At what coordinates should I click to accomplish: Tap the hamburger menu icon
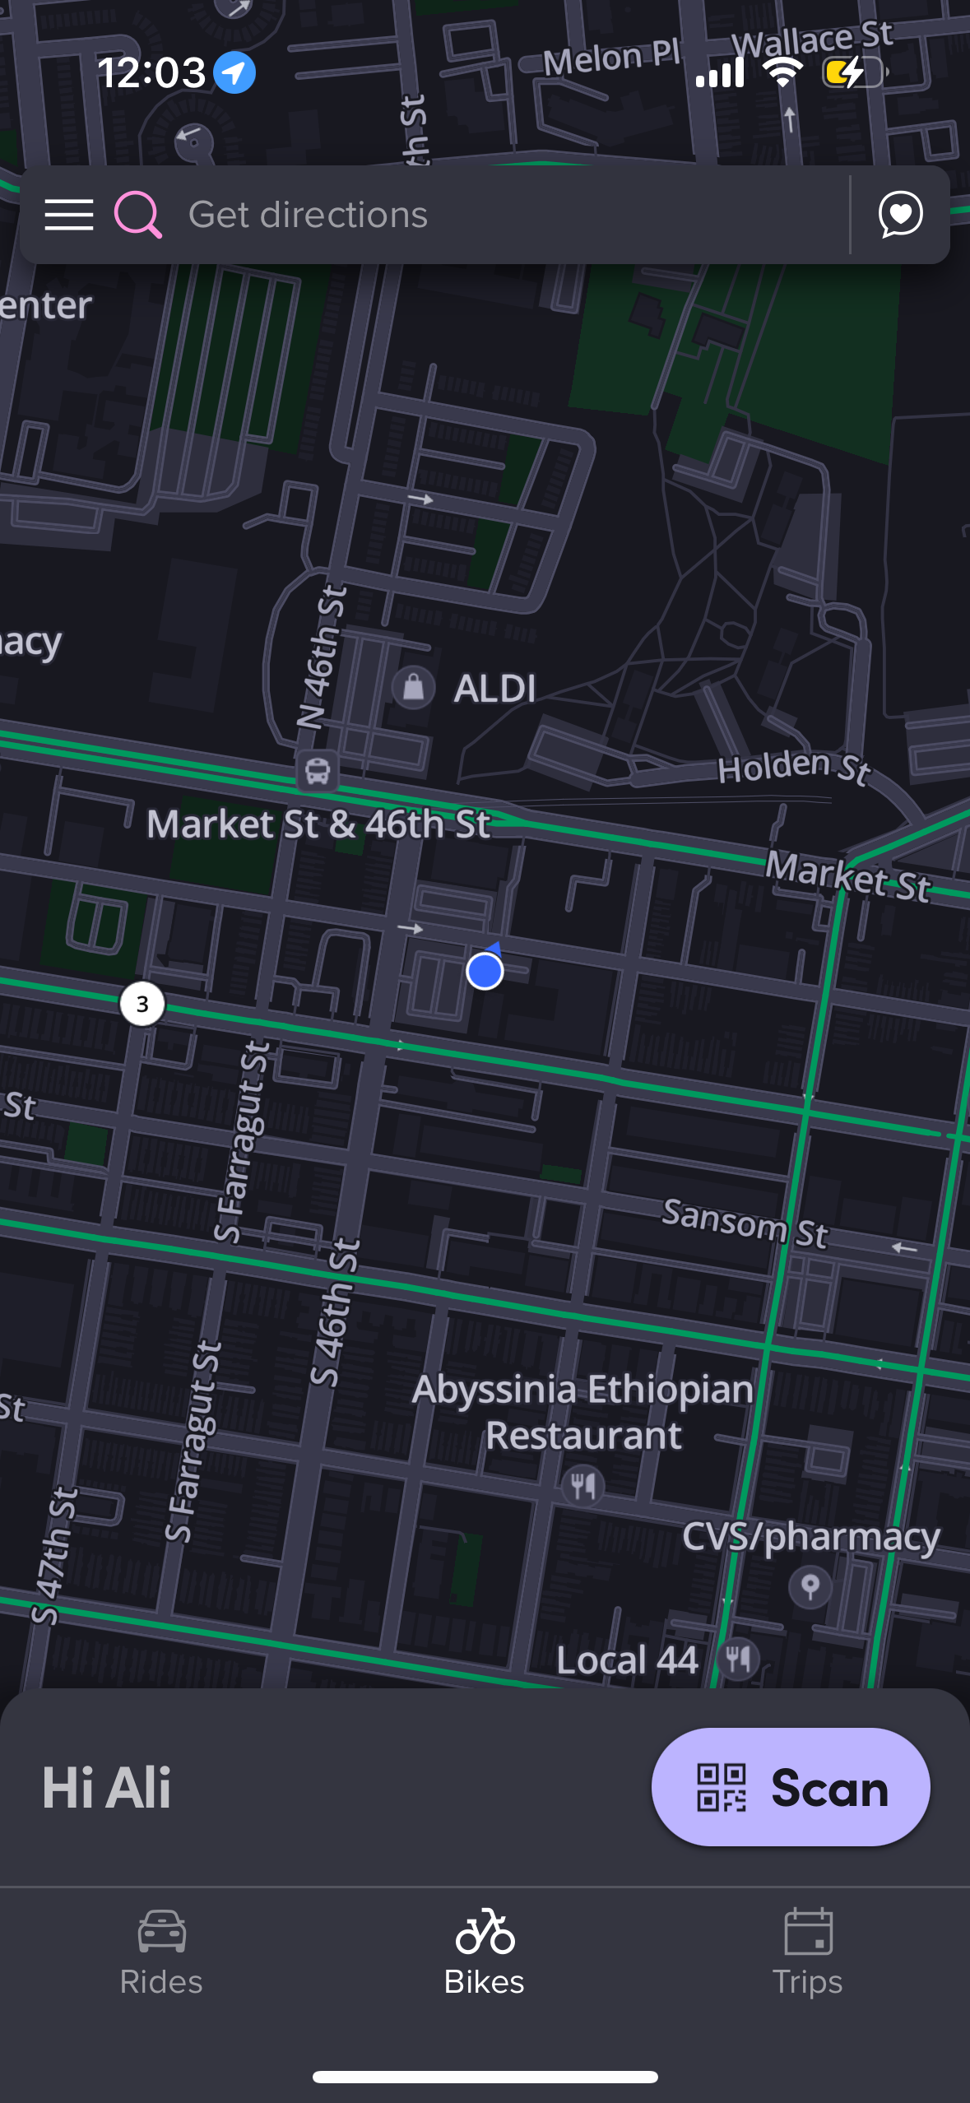tap(69, 215)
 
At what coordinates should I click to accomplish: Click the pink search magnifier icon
tap(137, 215)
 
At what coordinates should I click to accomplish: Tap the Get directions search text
tap(308, 215)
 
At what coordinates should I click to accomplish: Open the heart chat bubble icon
tap(900, 215)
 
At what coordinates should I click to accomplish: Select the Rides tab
tap(161, 1952)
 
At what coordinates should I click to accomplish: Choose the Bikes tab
tap(485, 1952)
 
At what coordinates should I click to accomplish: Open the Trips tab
tap(808, 1952)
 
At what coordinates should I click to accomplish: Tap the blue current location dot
tap(485, 971)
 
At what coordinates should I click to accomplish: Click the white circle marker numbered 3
tap(142, 1004)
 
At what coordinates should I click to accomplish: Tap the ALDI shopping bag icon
tap(413, 687)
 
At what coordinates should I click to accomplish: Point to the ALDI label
tap(494, 689)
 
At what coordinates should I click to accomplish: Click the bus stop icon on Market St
tap(318, 771)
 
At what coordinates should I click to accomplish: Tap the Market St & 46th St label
tap(318, 824)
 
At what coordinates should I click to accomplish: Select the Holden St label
tap(793, 767)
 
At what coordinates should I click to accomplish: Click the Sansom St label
tap(745, 1222)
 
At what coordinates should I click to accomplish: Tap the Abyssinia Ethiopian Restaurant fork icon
tap(583, 1485)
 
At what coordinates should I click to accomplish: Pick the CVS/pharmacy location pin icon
tap(810, 1585)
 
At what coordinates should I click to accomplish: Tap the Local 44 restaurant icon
tap(738, 1659)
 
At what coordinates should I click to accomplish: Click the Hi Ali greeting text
tap(107, 1788)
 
